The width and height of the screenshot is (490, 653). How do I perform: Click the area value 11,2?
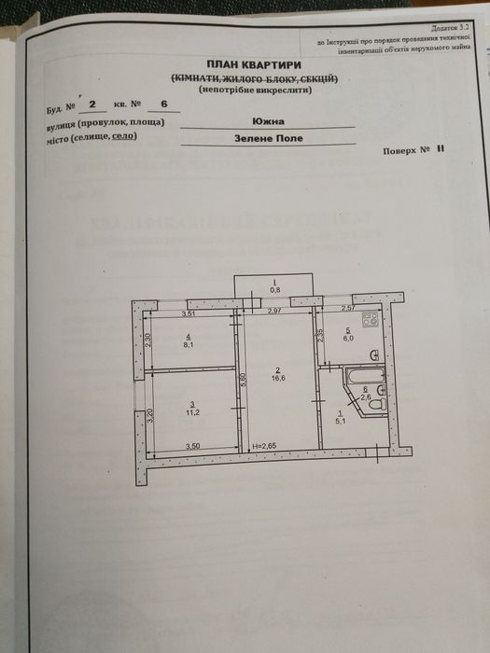(x=191, y=410)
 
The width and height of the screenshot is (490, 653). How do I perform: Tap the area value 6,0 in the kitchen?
(x=346, y=337)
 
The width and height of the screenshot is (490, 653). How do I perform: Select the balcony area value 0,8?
(x=274, y=288)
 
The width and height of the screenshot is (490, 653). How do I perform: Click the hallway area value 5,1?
(x=341, y=420)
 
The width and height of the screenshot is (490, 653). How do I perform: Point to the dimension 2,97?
(x=274, y=309)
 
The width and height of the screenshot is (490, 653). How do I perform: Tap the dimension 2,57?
(x=348, y=308)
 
